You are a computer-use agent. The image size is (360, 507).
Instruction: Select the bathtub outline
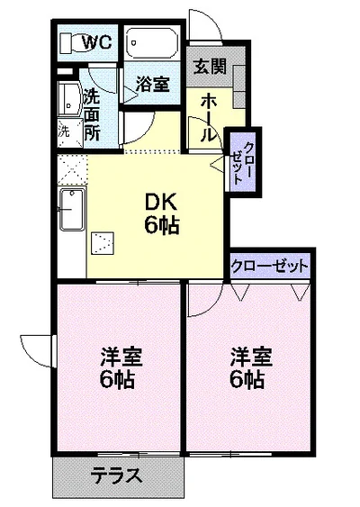(152, 42)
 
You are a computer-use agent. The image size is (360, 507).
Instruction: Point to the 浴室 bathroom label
(153, 84)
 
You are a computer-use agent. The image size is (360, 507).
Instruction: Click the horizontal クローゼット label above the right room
(270, 267)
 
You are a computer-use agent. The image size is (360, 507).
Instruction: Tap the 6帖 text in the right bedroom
(246, 380)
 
